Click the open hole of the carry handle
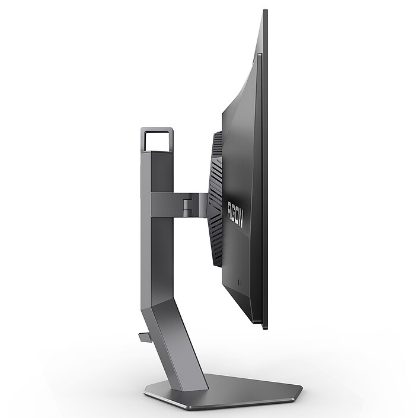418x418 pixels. [x=157, y=141]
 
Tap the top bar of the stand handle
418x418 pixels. [x=157, y=129]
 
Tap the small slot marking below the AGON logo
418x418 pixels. [x=239, y=282]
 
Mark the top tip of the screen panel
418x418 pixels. [x=264, y=11]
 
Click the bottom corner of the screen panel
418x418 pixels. [x=264, y=326]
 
